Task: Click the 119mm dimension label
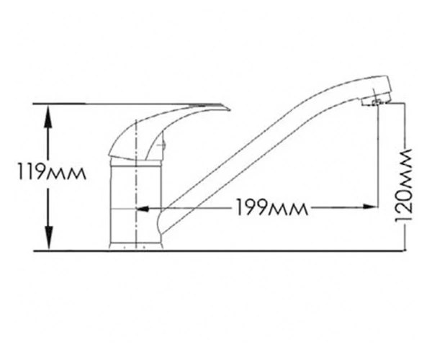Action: coord(52,171)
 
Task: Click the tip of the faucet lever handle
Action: coord(230,110)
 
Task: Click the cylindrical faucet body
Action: coord(136,204)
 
